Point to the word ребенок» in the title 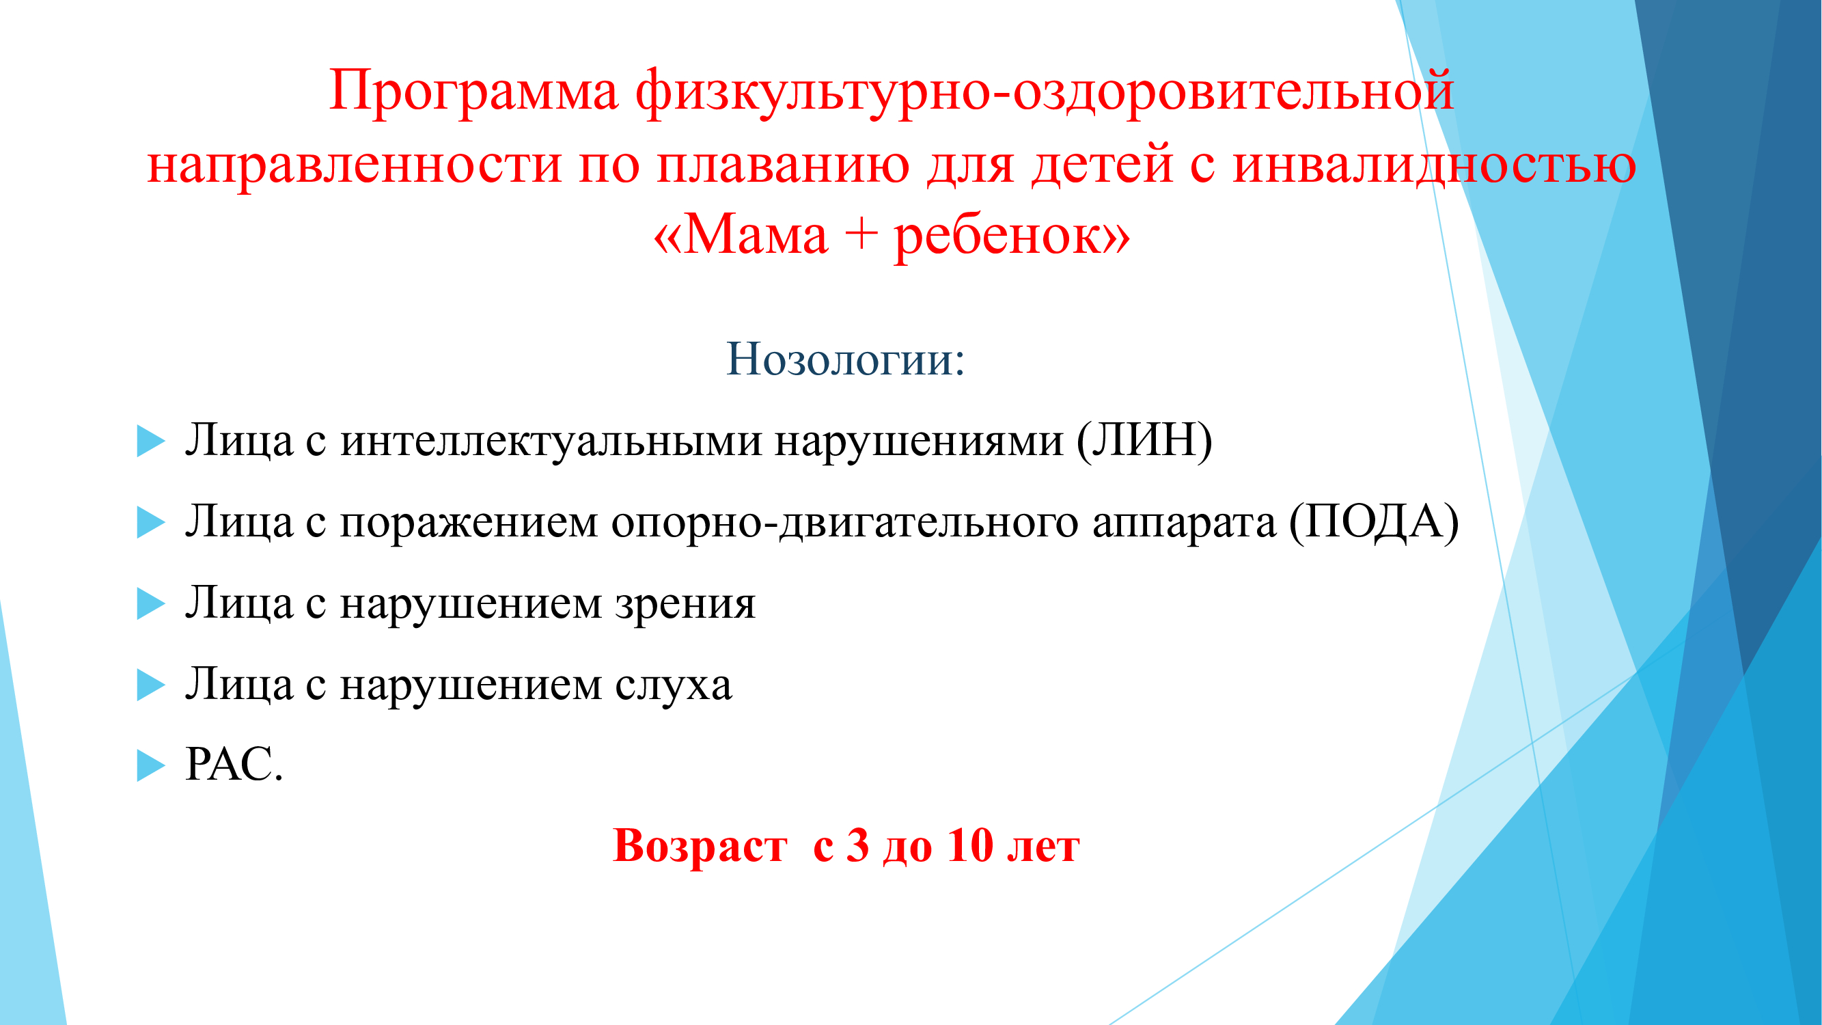1012,236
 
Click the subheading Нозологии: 846,359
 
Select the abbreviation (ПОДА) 1374,522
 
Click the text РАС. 234,765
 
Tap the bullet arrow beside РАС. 151,765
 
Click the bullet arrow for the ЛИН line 151,441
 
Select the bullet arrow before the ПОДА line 151,523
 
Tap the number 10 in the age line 970,845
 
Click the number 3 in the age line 857,845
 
